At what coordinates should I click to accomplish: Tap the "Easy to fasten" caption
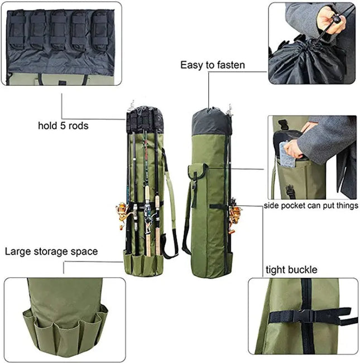[212, 65]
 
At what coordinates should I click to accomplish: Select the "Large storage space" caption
[51, 251]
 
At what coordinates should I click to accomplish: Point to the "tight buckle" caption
[291, 270]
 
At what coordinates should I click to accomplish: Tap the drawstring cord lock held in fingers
[336, 20]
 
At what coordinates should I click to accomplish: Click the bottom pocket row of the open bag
[144, 262]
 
